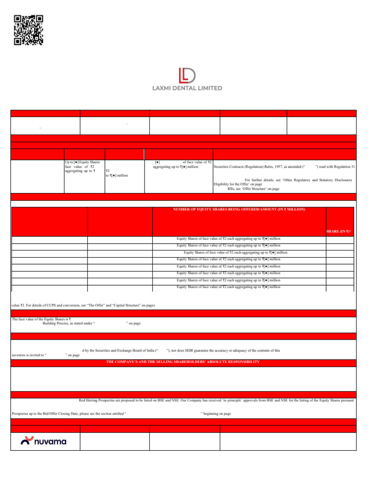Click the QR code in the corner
click(x=29, y=30)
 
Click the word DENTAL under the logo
click(x=185, y=88)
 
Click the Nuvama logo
click(x=44, y=441)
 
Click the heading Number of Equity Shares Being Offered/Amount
click(x=239, y=209)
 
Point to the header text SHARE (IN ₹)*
click(x=339, y=231)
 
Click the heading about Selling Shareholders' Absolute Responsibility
click(x=183, y=362)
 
